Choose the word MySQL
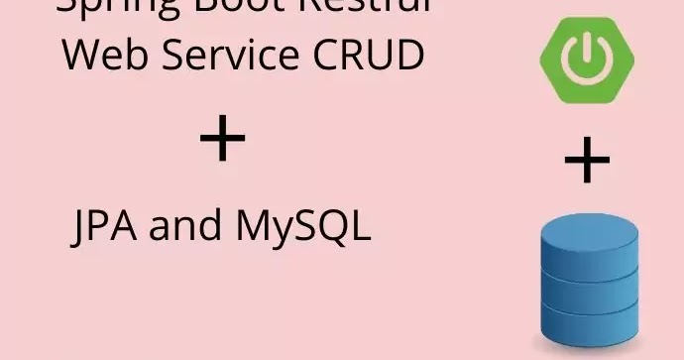302,228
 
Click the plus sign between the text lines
222,140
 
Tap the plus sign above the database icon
587,162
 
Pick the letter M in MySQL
255,228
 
